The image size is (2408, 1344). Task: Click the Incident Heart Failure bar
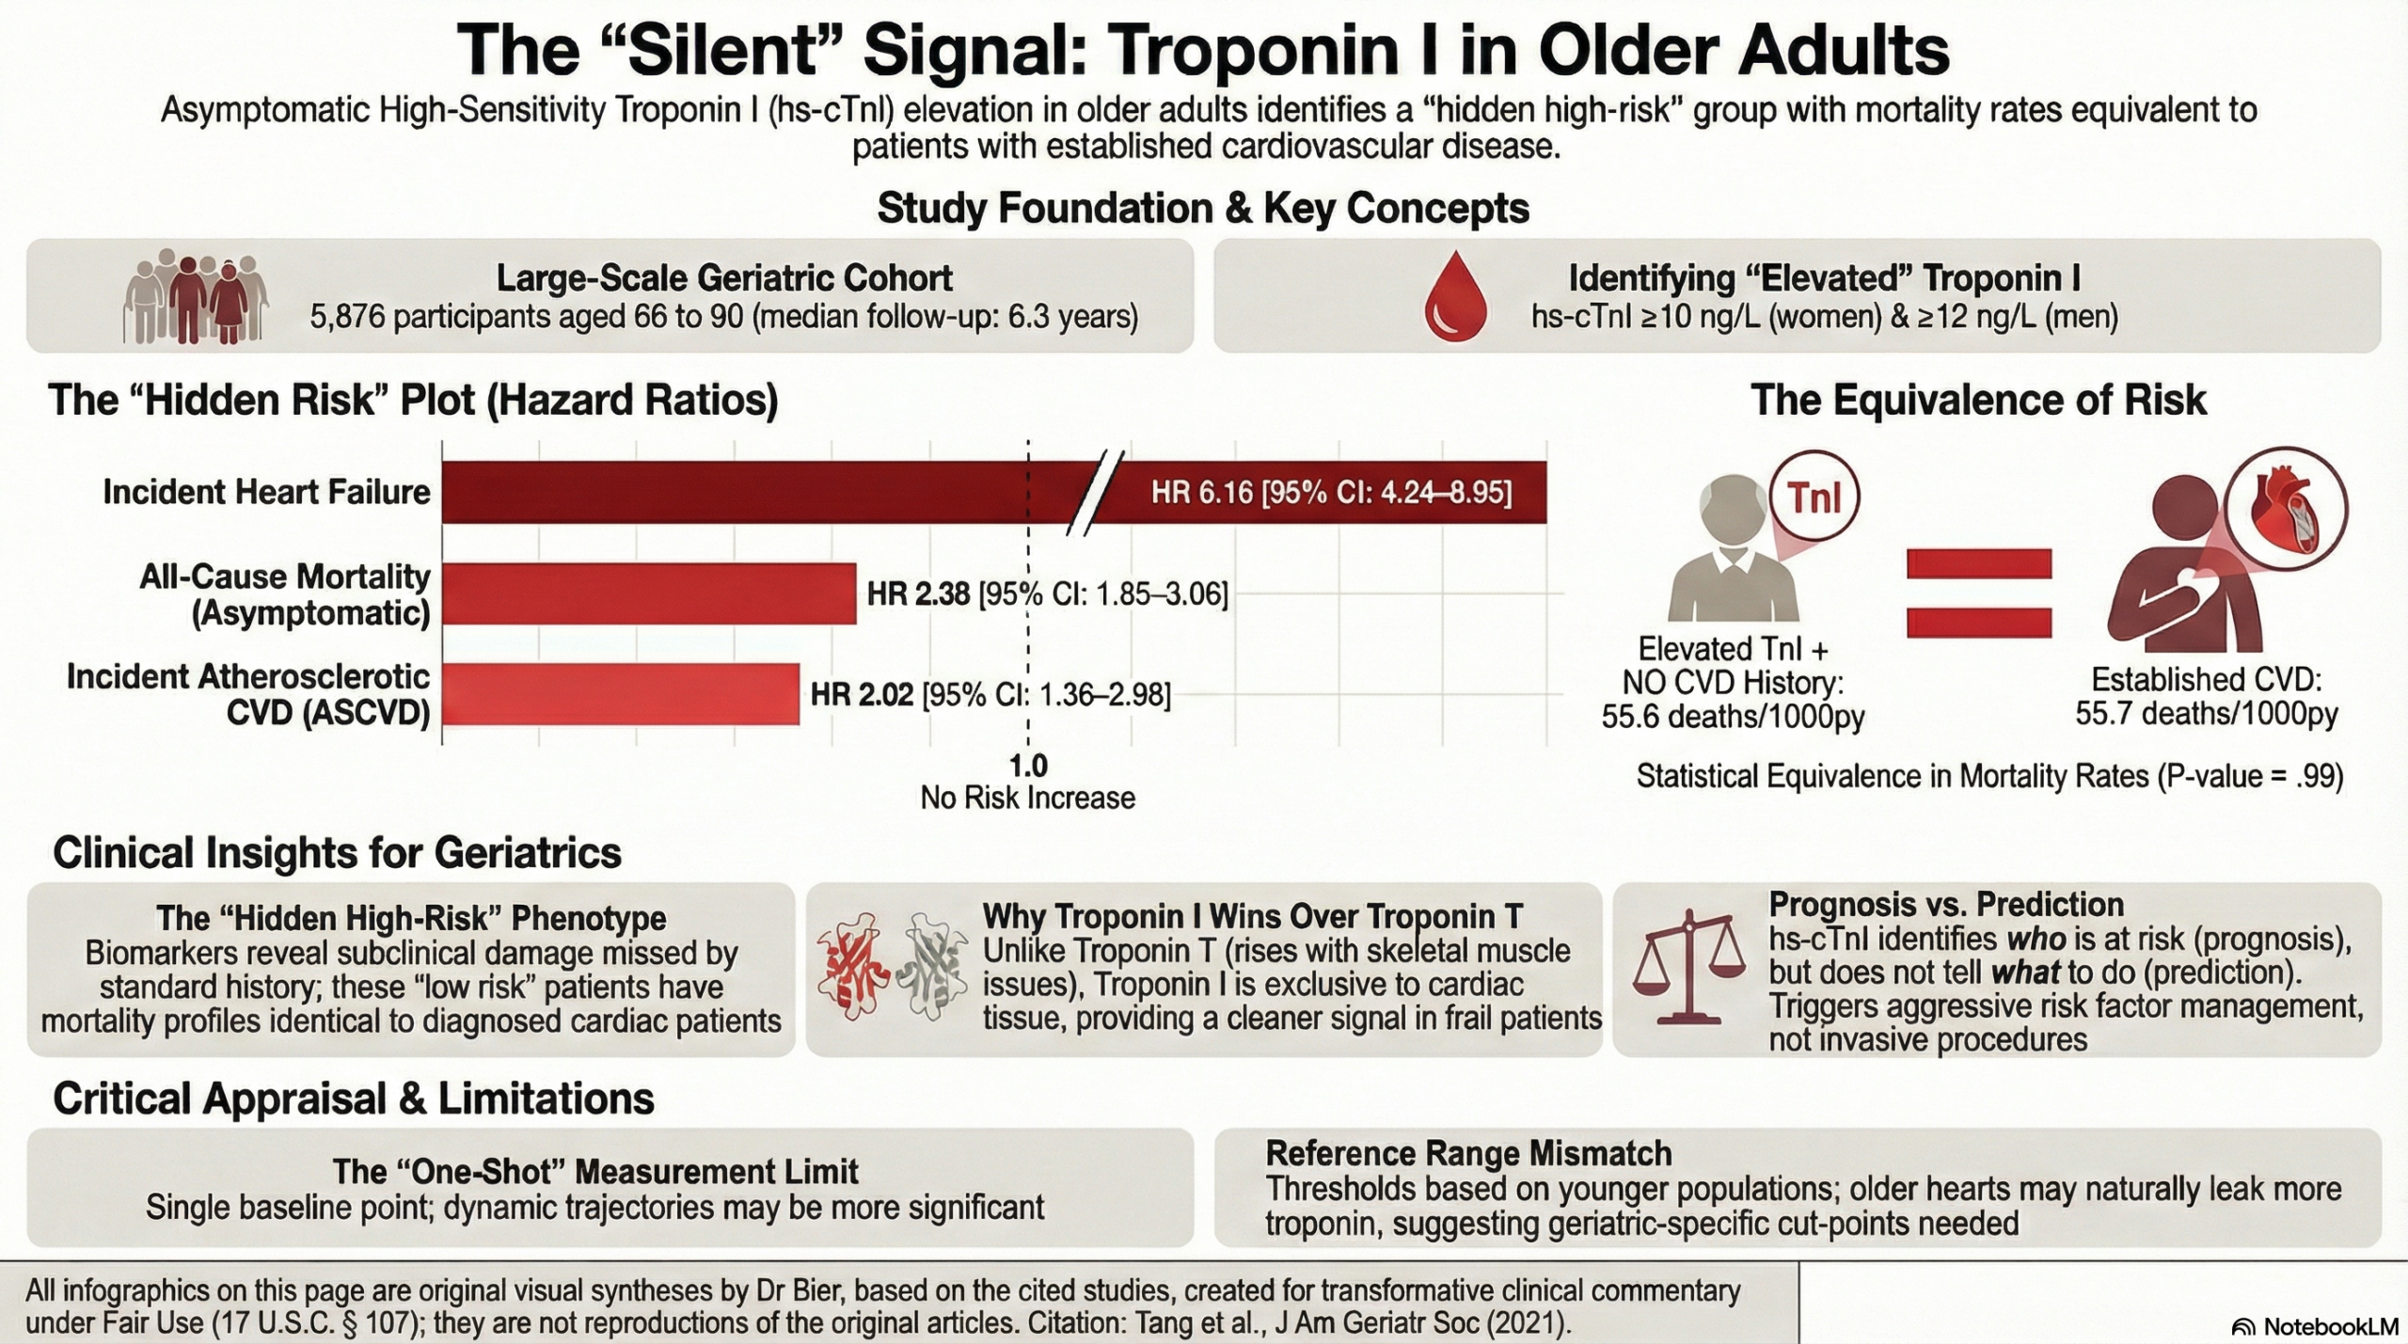[x=752, y=492]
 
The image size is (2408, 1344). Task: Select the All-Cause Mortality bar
[x=649, y=593]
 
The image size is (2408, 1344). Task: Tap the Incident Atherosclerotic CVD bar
[x=621, y=694]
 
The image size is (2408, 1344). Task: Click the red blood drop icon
[x=1455, y=296]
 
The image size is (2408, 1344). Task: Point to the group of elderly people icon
[x=196, y=296]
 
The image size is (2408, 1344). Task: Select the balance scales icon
[x=1690, y=968]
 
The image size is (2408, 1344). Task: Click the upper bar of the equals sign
[x=1979, y=563]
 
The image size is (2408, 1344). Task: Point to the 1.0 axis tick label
[x=1027, y=766]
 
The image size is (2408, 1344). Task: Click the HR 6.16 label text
[x=1331, y=492]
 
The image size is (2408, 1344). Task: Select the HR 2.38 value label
[x=918, y=594]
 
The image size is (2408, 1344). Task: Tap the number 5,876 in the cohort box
[x=348, y=317]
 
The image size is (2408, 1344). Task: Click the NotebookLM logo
[x=2315, y=1327]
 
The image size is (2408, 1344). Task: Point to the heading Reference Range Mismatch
[x=1468, y=1153]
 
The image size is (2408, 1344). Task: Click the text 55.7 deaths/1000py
[x=2206, y=714]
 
